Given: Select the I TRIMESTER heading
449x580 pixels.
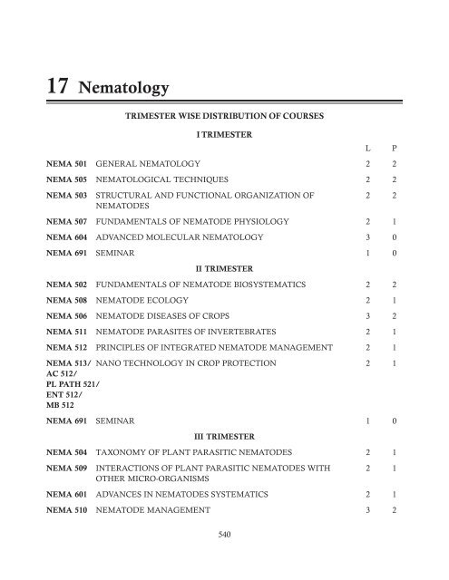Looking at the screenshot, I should coord(224,134).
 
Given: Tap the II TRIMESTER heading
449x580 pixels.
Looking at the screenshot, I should coord(224,269).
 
